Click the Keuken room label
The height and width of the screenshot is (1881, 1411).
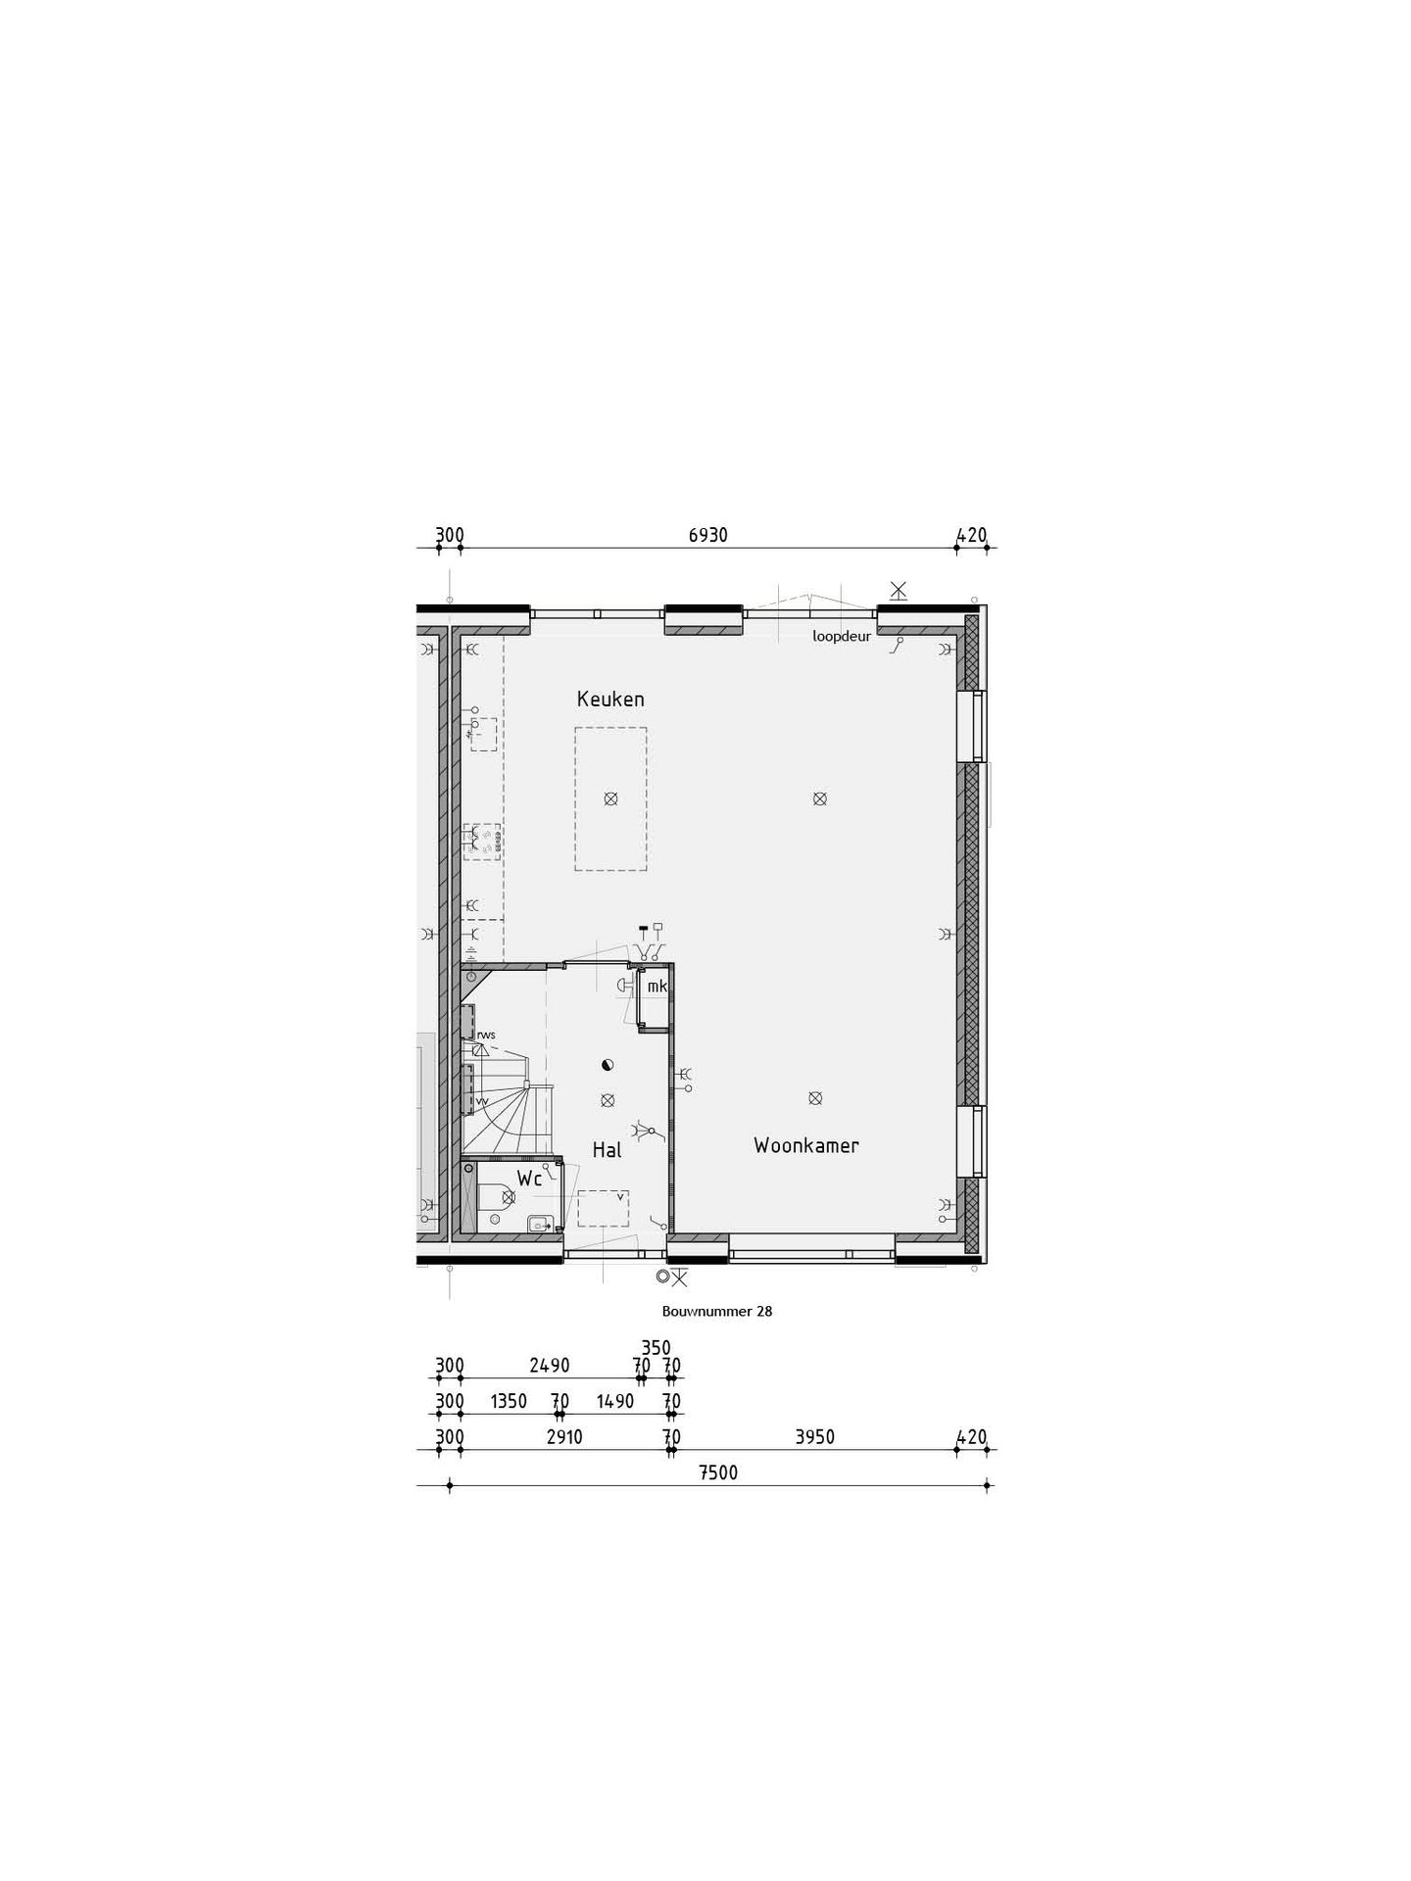click(x=610, y=699)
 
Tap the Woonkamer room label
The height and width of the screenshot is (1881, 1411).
click(x=806, y=1145)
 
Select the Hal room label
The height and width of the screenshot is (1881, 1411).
click(x=608, y=1150)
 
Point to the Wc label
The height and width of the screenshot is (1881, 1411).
click(x=529, y=1180)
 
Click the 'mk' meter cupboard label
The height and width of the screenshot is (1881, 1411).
click(x=657, y=987)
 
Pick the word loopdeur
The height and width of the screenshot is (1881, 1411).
click(x=842, y=636)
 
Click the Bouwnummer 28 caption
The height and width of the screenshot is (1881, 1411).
click(x=717, y=1311)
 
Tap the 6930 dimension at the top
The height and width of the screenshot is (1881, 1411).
click(x=708, y=535)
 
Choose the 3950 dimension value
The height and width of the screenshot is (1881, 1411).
click(x=815, y=1437)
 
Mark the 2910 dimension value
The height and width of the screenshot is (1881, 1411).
click(x=564, y=1437)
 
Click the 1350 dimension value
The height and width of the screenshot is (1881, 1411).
click(x=509, y=1402)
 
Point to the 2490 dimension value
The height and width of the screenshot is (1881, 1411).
click(x=550, y=1366)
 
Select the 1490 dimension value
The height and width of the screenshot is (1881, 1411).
click(x=615, y=1402)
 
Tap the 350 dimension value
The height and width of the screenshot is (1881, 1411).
click(x=656, y=1348)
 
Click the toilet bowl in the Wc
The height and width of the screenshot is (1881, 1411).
click(x=496, y=1197)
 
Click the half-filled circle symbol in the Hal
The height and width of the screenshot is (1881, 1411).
click(x=608, y=1065)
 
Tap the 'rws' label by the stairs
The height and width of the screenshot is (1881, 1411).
click(x=486, y=1035)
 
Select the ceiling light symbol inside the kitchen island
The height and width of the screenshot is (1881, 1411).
click(x=610, y=798)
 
